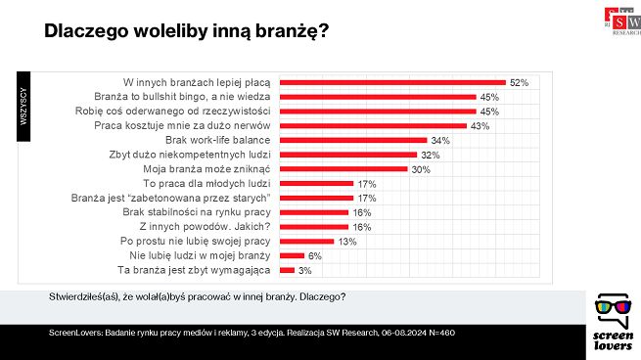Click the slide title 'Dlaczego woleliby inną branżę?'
[186, 31]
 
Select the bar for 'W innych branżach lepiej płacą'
[392, 83]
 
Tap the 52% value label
[519, 83]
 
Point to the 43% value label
[480, 126]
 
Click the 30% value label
[422, 168]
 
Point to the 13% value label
[347, 240]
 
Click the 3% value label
[304, 269]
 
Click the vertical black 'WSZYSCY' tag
[23, 105]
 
